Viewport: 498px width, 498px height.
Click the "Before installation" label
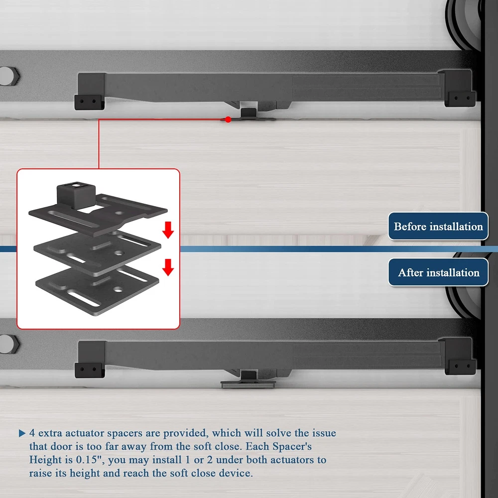438,226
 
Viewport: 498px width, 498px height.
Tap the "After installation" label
438,272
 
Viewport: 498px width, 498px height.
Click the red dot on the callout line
228,120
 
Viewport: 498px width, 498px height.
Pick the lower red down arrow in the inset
168,267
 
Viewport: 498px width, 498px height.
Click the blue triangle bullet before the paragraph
22,433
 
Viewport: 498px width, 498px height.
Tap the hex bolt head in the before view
9,76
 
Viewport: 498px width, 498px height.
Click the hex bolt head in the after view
9,344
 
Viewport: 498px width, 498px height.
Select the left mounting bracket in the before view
90,92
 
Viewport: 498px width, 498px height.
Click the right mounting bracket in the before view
459,88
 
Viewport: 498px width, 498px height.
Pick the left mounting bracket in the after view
90,360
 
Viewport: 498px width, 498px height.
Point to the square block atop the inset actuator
76,195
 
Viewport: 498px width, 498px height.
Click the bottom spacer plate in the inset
97,291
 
